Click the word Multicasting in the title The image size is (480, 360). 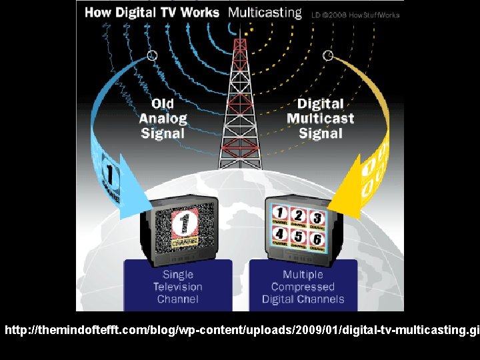(265, 13)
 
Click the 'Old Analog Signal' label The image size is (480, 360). (163, 118)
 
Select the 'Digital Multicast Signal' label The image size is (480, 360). (320, 118)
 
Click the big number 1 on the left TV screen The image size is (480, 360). (184, 224)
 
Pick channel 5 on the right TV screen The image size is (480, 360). (299, 237)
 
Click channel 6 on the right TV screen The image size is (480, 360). (317, 238)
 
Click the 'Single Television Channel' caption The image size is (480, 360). (177, 287)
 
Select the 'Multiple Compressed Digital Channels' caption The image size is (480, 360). (303, 287)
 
